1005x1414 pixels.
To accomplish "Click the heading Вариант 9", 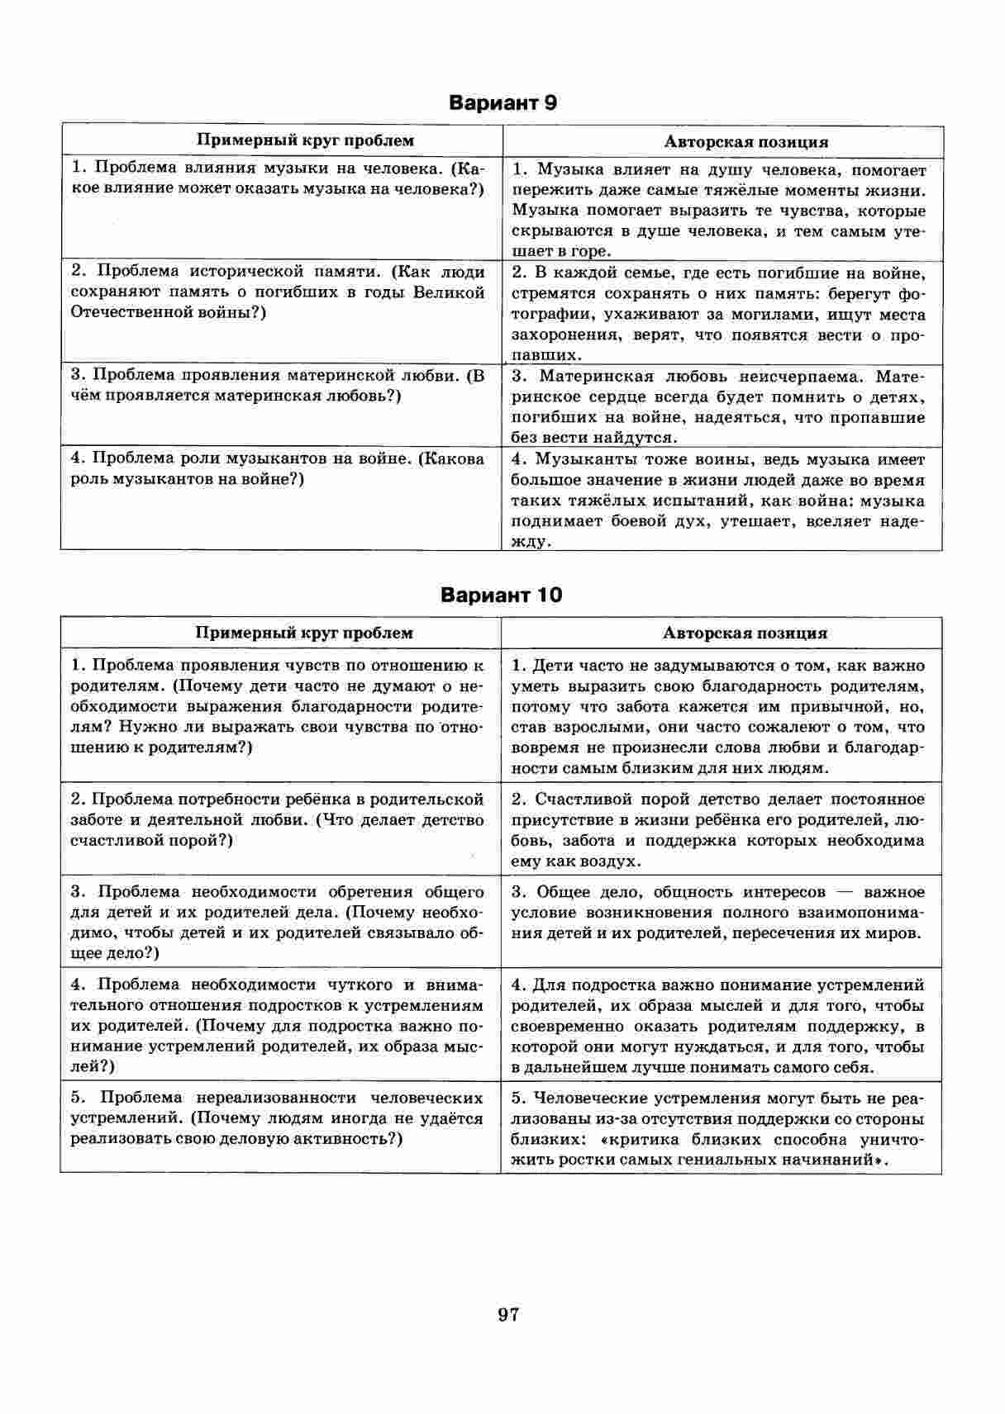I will pyautogui.click(x=502, y=102).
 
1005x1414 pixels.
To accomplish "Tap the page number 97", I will pyautogui.click(x=508, y=1315).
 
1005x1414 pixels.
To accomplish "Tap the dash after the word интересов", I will pyautogui.click(x=845, y=893).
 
